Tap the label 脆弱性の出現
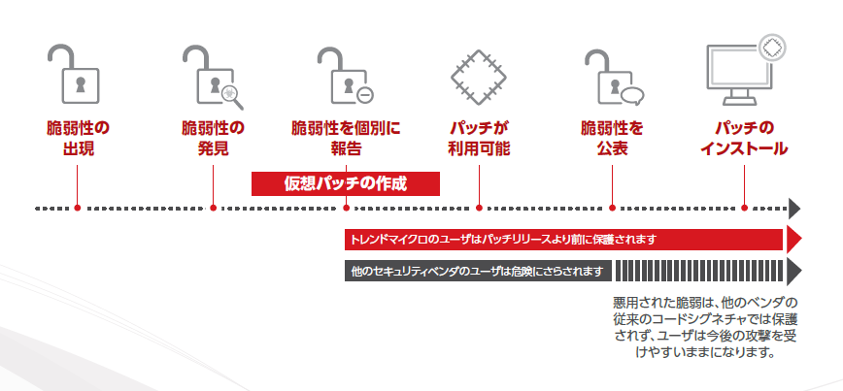[x=78, y=138]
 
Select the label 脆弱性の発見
[x=213, y=138]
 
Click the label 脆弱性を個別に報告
[x=346, y=138]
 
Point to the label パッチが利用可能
[x=479, y=138]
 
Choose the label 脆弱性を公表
[x=612, y=138]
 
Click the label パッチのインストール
[x=745, y=138]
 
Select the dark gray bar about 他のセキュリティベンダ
[x=476, y=270]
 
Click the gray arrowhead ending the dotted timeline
[x=794, y=208]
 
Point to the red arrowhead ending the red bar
[x=793, y=239]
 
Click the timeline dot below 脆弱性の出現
[x=78, y=208]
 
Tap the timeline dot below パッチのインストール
[x=745, y=208]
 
